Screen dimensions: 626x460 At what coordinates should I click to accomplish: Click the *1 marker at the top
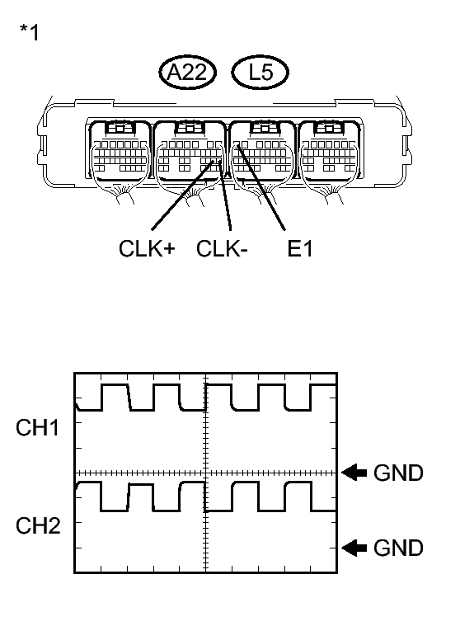click(29, 34)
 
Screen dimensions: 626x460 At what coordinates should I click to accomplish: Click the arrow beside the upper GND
click(355, 473)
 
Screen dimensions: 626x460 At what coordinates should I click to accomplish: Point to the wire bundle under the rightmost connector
click(335, 196)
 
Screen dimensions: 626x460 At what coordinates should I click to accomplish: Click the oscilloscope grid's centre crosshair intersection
click(204, 473)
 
